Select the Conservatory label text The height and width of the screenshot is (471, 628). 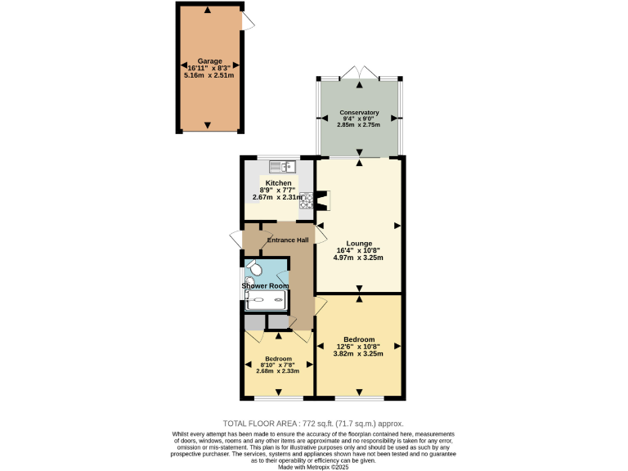(359, 112)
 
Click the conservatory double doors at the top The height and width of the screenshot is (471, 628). (360, 73)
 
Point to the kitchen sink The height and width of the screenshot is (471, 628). (280, 166)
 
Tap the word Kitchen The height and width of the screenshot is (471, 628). (278, 183)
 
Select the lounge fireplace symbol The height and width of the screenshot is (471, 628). (321, 201)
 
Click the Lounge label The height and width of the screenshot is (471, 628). (359, 244)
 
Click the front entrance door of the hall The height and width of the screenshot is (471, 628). (236, 240)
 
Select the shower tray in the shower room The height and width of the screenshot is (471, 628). (267, 301)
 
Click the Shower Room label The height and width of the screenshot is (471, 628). (265, 285)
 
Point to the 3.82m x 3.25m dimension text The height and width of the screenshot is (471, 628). (359, 353)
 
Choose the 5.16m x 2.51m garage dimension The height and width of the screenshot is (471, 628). (209, 74)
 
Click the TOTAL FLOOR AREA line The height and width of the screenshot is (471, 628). (313, 424)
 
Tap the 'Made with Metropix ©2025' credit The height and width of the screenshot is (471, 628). (313, 466)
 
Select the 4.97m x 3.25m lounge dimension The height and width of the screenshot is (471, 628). (358, 258)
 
